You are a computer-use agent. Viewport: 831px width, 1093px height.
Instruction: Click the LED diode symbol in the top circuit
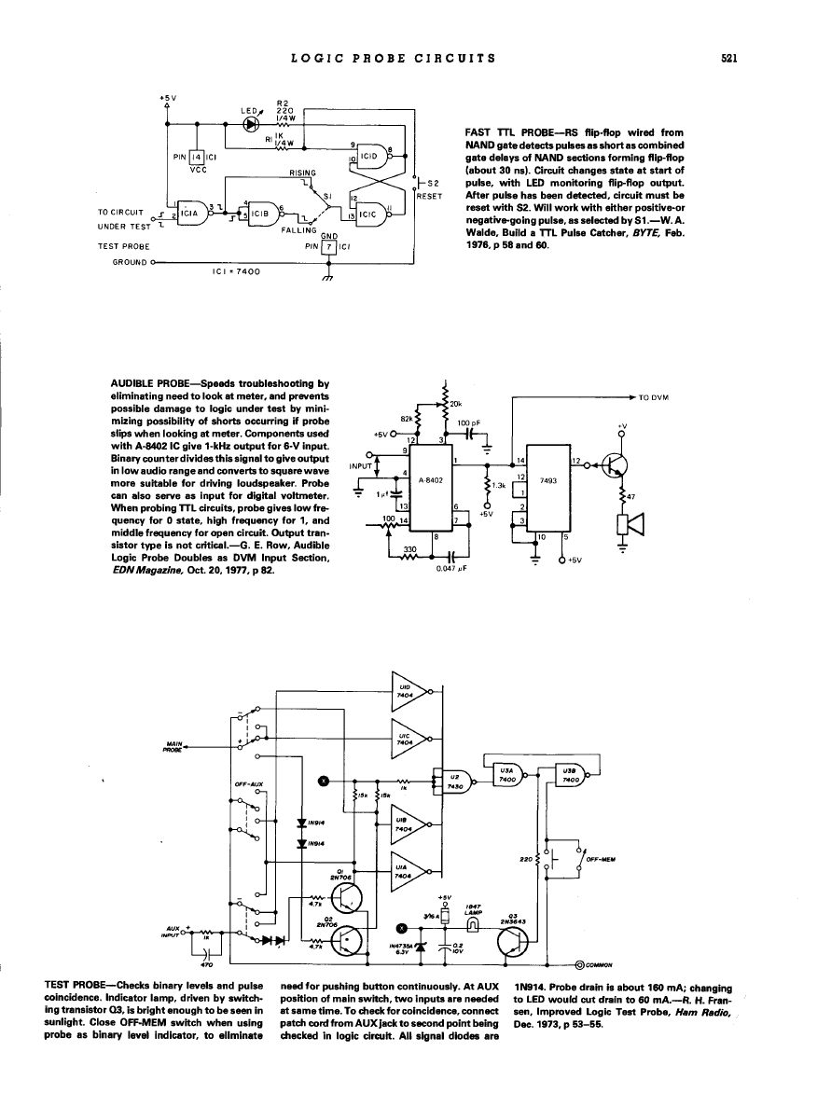(x=250, y=123)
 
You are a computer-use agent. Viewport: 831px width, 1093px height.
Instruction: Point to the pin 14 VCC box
(x=197, y=159)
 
